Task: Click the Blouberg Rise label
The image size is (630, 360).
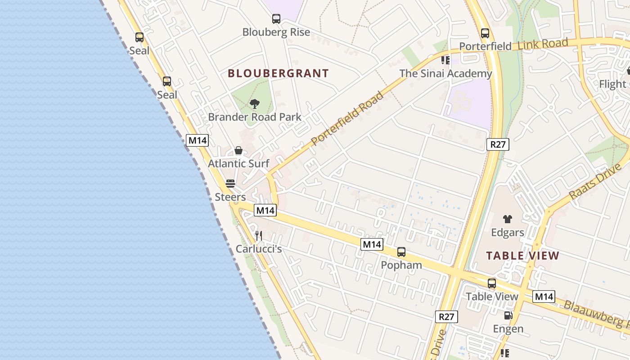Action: [x=276, y=32]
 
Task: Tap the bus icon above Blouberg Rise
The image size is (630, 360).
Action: [x=276, y=19]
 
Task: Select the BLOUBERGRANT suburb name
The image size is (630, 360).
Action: [x=278, y=73]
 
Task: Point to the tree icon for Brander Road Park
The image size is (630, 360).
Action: [x=255, y=104]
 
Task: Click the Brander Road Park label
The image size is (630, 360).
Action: [x=255, y=117]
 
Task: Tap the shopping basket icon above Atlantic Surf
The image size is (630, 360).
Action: [x=238, y=150]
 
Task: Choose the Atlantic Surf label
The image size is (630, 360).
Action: [x=238, y=164]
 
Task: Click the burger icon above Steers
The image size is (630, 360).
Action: [x=230, y=184]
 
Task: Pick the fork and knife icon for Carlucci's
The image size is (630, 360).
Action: [x=259, y=235]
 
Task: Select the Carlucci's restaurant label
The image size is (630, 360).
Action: [x=259, y=249]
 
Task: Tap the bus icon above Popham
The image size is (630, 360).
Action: [x=401, y=252]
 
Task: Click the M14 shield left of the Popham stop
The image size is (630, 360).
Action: [x=372, y=244]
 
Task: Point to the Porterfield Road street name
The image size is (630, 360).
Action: [x=347, y=119]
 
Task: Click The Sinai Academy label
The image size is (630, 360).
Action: [x=445, y=73]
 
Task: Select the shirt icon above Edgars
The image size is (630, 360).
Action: [x=508, y=219]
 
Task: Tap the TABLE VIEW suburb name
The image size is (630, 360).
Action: [x=522, y=256]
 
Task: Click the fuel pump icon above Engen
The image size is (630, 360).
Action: [x=508, y=315]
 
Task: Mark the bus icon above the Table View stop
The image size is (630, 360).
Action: [x=492, y=283]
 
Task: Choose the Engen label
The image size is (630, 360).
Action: [x=508, y=329]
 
